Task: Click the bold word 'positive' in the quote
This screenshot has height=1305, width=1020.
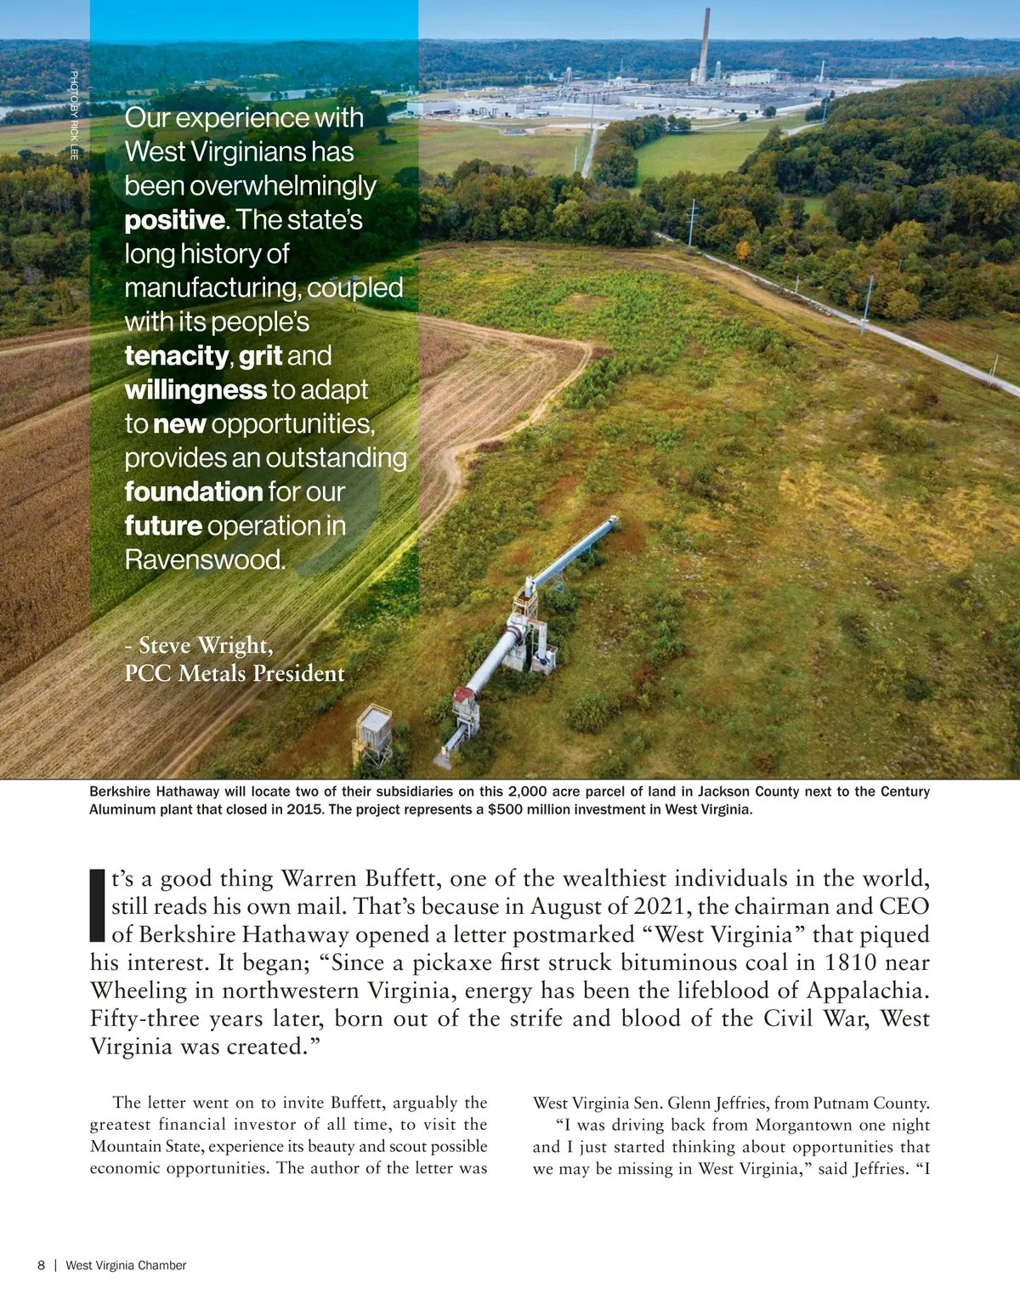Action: pos(175,220)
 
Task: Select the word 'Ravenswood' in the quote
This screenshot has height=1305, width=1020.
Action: pos(204,560)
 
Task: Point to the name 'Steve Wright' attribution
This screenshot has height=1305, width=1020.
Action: pos(206,646)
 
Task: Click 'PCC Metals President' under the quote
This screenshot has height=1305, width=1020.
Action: pos(235,673)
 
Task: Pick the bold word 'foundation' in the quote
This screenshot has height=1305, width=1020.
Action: pos(194,492)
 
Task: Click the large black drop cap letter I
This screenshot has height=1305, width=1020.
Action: pos(97,905)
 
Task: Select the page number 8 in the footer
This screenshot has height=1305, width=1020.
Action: pos(41,1265)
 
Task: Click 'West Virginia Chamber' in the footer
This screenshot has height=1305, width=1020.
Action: pos(126,1265)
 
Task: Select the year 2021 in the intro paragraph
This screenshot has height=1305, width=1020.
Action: pos(657,906)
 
